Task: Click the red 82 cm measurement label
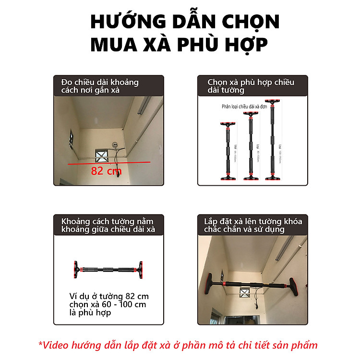click(x=106, y=170)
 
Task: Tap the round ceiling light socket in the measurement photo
click(x=115, y=144)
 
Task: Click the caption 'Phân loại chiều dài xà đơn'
click(x=244, y=107)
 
